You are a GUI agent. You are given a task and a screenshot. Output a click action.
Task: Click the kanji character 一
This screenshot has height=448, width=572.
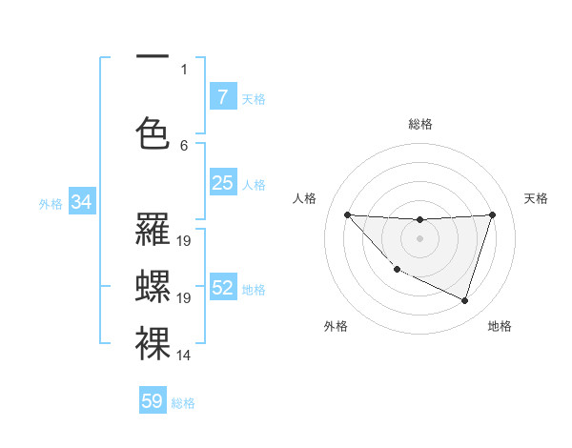point(153,57)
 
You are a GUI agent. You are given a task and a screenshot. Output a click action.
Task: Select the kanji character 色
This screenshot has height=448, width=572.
point(153,132)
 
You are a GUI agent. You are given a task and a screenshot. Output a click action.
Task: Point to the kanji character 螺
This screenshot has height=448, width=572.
point(153,287)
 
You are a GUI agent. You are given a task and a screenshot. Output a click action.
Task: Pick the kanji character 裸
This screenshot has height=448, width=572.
point(153,343)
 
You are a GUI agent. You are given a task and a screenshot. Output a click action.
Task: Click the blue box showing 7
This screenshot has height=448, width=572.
point(222,97)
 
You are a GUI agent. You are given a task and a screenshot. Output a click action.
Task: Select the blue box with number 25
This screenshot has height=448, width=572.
point(222,183)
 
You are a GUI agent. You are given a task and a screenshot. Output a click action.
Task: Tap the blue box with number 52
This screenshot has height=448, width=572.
point(222,288)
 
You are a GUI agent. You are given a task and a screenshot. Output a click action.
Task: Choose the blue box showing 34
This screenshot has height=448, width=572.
point(81,202)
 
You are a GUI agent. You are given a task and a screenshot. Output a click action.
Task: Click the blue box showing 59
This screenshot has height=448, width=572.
point(153,401)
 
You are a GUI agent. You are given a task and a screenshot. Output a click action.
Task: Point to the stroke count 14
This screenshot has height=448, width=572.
point(184,356)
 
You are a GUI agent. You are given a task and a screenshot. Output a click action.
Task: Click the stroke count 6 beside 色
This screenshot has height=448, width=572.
point(184,145)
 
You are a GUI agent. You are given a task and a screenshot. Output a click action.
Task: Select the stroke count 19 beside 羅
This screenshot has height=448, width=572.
point(184,241)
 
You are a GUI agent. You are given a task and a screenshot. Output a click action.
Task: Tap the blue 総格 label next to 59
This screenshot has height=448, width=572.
point(183,403)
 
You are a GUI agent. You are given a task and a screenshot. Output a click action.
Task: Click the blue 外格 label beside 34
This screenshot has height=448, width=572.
point(51,203)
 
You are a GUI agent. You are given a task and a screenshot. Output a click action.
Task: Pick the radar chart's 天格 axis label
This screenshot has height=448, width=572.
point(537,198)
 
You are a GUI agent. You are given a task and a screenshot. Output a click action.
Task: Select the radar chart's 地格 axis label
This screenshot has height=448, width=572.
point(500,326)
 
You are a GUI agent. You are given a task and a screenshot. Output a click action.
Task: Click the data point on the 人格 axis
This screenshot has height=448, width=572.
point(347,214)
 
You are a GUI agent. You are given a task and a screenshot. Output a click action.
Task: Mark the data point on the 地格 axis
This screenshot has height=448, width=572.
point(464,300)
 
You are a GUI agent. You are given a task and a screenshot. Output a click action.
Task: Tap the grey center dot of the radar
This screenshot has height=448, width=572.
point(419,238)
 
